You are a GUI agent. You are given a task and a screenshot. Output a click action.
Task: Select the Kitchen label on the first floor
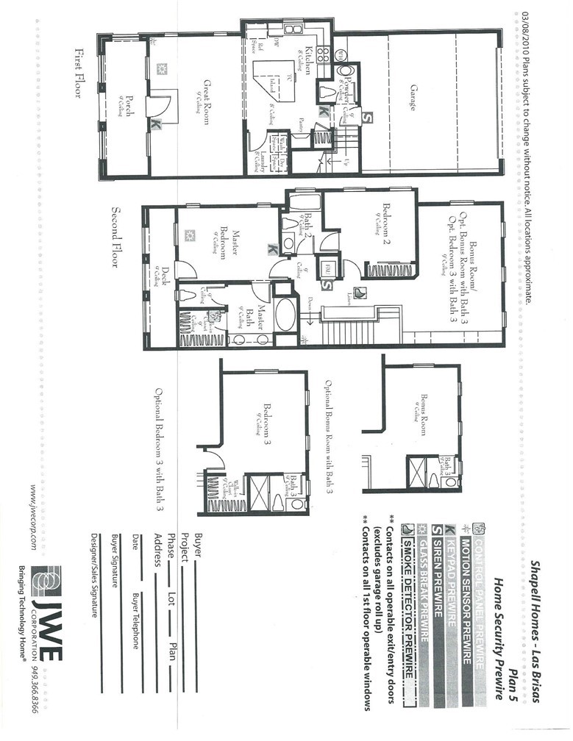click(x=309, y=56)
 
